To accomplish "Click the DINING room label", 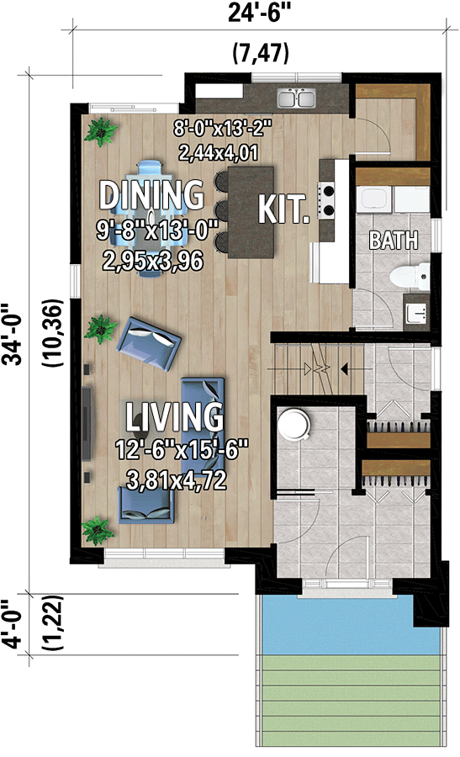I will [x=151, y=194].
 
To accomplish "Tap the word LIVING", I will [x=175, y=416].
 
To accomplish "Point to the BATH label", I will [x=394, y=241].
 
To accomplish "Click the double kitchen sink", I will [x=295, y=98].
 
